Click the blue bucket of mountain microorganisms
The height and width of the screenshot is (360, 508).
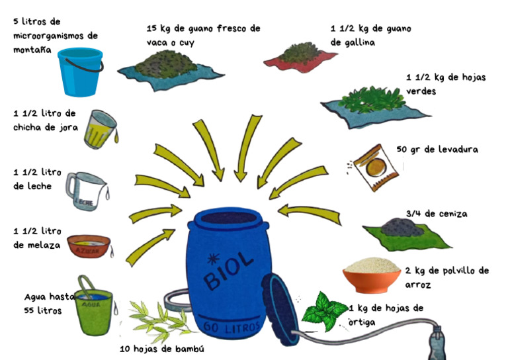tap(80, 72)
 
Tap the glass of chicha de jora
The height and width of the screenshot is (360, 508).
tap(101, 129)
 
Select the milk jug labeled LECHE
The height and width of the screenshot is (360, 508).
tap(87, 191)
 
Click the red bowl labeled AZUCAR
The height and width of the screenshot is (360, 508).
tap(89, 246)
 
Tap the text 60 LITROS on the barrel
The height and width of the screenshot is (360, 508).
tap(232, 328)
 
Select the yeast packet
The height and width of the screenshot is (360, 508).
tap(375, 167)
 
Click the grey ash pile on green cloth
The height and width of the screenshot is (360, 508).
tap(402, 227)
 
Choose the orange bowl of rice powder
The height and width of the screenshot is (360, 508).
tap(372, 275)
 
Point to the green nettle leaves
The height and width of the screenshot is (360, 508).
tap(325, 312)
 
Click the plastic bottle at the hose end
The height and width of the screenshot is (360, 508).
tap(437, 343)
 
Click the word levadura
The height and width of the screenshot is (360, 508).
tap(458, 150)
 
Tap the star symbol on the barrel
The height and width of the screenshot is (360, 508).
tap(213, 259)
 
